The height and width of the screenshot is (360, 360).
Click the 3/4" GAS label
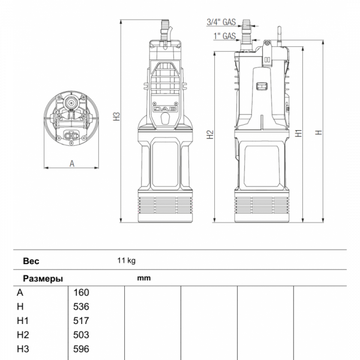coord(220,22)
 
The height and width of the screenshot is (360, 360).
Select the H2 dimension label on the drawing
coord(209,135)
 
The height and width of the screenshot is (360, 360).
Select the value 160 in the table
coord(80,293)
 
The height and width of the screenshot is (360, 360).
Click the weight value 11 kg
coord(127,260)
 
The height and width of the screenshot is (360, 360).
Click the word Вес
coord(31,261)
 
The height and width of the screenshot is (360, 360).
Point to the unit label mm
coord(143,278)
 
